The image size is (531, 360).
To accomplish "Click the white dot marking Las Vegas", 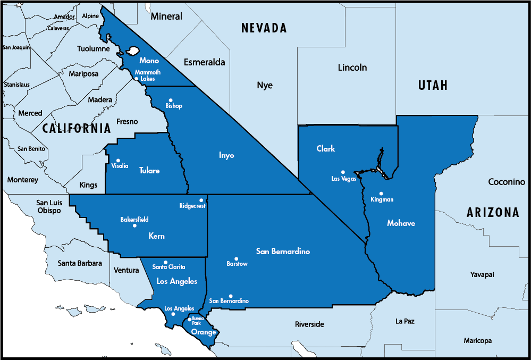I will tap(343, 172).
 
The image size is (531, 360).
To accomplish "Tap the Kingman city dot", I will tap(381, 194).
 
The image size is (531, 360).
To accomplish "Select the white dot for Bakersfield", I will tap(134, 225).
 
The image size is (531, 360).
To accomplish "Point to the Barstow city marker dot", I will tap(237, 259).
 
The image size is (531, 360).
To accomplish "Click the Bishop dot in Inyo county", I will tap(171, 100).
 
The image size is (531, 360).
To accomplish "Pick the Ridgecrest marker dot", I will tap(201, 200).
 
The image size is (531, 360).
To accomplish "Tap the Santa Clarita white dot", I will tap(166, 262).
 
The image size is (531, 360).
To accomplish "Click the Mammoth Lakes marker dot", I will tap(137, 79).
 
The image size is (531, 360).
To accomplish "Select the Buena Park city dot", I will tap(190, 320).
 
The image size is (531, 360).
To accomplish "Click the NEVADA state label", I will tap(264, 28).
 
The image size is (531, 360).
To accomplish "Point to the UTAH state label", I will tap(433, 85).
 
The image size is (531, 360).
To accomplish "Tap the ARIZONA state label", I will tap(493, 213).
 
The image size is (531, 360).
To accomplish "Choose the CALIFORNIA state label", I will tap(77, 128).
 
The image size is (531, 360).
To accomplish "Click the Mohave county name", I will tap(401, 223).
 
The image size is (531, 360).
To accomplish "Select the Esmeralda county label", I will tap(204, 62).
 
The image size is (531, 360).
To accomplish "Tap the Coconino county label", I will tap(507, 182).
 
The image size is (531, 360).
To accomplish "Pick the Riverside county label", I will tap(309, 324).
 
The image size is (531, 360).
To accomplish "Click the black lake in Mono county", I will tap(133, 52).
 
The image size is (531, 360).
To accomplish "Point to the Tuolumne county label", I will tap(93, 48).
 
